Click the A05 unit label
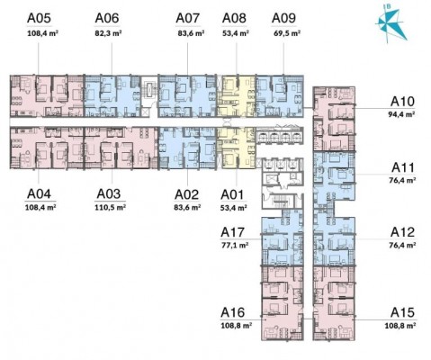coord(39,18)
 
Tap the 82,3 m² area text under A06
coord(108,33)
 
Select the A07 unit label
coord(187,18)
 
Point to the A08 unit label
coord(234,18)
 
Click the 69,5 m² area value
coord(287,33)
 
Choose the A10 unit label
coord(402,102)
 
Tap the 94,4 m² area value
coord(401,114)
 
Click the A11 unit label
coord(403,167)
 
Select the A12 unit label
coord(402,232)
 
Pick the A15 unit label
coord(402,312)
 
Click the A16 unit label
coord(233,312)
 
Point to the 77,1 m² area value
coord(235,245)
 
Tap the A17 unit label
coord(233,232)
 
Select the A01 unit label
coord(232,194)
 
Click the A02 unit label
coord(187,194)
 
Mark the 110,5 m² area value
coord(110,207)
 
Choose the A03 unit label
coord(109,194)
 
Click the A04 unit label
coord(39,194)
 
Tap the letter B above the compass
coord(389,6)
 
